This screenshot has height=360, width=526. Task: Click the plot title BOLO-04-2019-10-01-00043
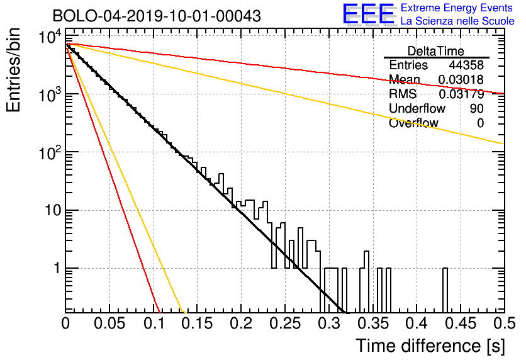[157, 16]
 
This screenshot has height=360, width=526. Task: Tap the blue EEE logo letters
[368, 13]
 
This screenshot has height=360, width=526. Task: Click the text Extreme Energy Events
[457, 8]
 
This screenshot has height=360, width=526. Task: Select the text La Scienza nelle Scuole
[457, 21]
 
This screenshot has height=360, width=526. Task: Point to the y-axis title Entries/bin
[13, 70]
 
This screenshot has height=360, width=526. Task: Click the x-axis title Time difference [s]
[430, 346]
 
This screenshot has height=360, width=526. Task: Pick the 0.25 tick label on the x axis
[285, 323]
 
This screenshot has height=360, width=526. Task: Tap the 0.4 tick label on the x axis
[417, 323]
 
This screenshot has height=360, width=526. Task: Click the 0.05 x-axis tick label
[109, 323]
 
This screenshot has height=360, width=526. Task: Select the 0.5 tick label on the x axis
[504, 323]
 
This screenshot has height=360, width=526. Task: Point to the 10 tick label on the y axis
[53, 211]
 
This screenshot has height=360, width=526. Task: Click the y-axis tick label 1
[57, 268]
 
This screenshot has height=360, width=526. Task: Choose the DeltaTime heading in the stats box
[436, 51]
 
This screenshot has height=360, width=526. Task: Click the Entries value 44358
[466, 65]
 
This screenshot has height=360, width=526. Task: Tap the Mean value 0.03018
[461, 79]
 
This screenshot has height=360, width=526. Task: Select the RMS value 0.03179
[461, 94]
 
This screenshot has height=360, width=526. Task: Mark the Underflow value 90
[477, 108]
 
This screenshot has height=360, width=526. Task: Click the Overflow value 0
[480, 123]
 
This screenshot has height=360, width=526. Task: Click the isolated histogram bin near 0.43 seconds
[445, 290]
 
